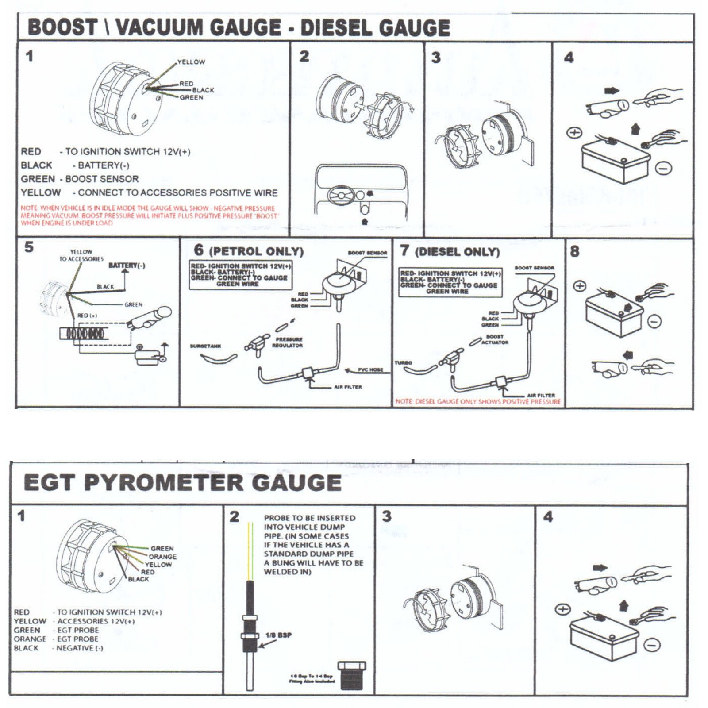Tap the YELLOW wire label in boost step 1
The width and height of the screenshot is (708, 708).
[191, 62]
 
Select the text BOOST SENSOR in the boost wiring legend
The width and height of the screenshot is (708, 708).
[102, 179]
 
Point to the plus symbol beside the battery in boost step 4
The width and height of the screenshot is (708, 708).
[574, 133]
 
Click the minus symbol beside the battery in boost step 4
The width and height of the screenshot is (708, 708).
[664, 168]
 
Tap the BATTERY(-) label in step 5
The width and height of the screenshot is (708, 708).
[127, 265]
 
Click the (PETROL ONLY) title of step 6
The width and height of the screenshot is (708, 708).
[256, 252]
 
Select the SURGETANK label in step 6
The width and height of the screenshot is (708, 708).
[205, 346]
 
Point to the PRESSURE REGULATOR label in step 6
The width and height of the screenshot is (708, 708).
[288, 342]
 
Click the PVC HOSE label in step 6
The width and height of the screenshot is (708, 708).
[370, 370]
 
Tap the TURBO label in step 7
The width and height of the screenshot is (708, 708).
[403, 363]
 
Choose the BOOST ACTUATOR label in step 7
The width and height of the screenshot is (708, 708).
[495, 339]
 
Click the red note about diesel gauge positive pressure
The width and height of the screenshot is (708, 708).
[478, 401]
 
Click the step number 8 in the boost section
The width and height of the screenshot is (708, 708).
[574, 251]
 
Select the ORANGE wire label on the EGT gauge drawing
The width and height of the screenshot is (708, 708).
[162, 557]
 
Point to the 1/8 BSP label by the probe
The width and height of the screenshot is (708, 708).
[278, 635]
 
